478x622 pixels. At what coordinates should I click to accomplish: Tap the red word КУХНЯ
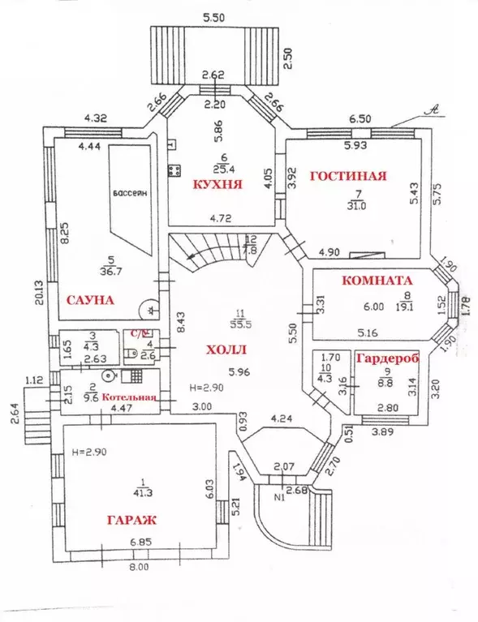[x=216, y=184]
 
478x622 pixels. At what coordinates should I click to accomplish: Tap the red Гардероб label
[x=385, y=358]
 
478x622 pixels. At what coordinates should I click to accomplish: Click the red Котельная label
[x=124, y=399]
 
